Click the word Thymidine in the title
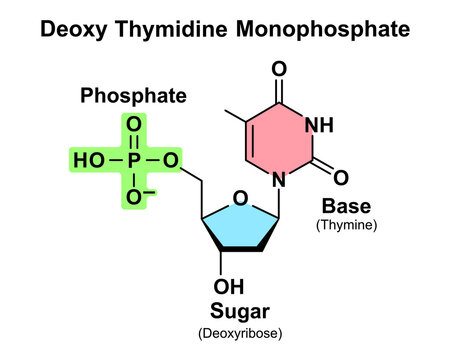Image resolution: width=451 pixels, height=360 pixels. [172, 30]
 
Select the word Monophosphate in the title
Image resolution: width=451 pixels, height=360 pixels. [323, 29]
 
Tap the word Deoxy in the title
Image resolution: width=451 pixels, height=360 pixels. [74, 29]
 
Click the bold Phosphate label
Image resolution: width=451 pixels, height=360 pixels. [133, 96]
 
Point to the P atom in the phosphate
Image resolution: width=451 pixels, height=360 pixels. [134, 160]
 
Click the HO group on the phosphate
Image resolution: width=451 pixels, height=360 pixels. [89, 160]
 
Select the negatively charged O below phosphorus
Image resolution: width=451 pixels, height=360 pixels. [134, 196]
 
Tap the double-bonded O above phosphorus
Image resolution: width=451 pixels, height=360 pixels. [134, 125]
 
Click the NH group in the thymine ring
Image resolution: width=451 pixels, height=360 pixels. [319, 125]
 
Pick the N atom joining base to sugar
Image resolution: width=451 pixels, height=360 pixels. [279, 180]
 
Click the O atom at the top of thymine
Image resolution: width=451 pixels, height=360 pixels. [279, 69]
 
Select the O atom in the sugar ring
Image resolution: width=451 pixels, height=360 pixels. [240, 198]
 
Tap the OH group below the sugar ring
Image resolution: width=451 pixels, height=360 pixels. [229, 286]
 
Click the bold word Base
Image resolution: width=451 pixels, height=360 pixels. [346, 206]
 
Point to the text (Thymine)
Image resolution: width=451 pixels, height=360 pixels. [347, 225]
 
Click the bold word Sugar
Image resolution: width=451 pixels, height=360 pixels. [240, 312]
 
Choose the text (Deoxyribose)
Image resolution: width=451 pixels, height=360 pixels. [240, 333]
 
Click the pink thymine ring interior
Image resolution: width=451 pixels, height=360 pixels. [279, 140]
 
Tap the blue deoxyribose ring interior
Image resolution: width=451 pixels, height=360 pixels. [240, 227]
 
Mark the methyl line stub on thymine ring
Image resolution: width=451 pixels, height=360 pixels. [235, 116]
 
